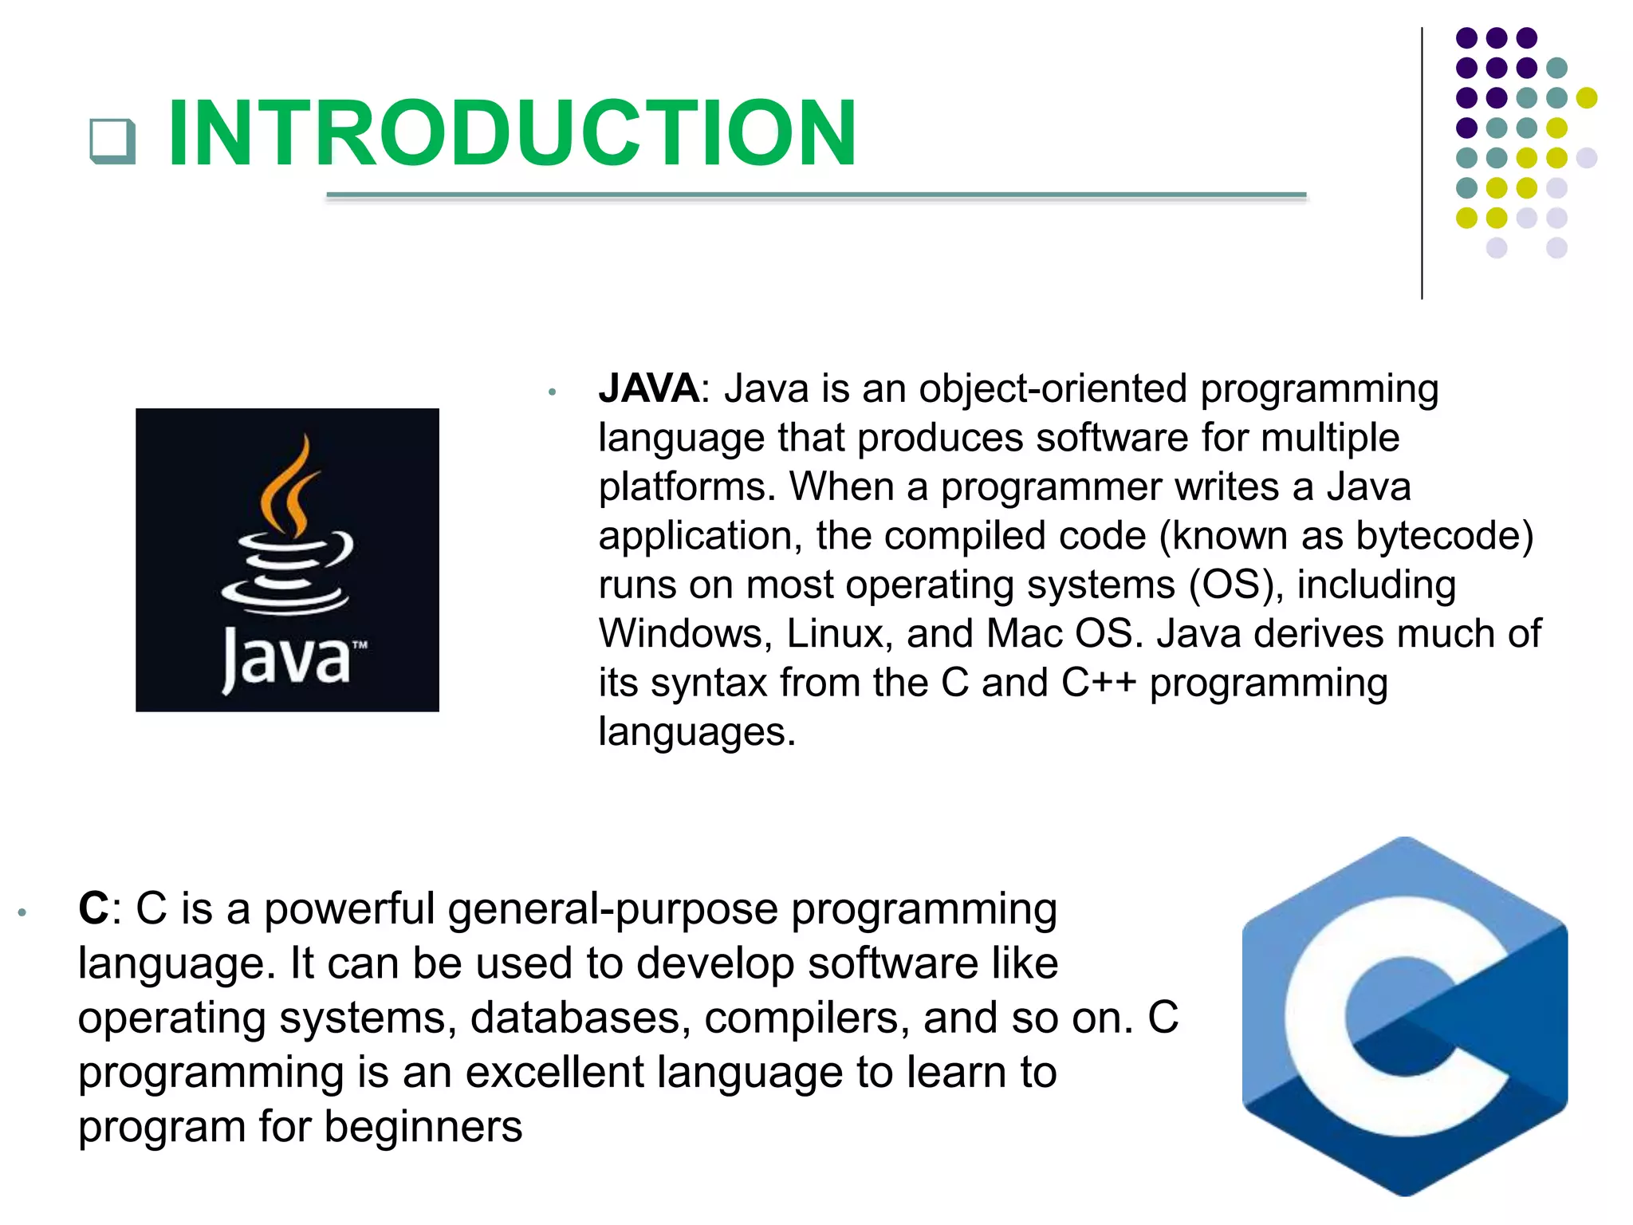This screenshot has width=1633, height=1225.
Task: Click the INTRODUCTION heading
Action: tap(512, 133)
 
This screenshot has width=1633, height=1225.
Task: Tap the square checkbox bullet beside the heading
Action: tap(112, 141)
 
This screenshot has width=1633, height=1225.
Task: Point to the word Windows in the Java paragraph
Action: tap(685, 634)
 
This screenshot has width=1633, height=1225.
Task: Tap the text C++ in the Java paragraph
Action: tap(1098, 683)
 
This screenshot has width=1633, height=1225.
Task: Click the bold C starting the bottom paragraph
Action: tap(93, 908)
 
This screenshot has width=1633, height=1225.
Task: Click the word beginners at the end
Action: tap(423, 1128)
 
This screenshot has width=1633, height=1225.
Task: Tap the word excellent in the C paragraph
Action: tap(554, 1073)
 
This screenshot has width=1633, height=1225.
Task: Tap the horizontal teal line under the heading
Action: tap(816, 195)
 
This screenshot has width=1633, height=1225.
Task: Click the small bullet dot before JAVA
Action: tap(552, 392)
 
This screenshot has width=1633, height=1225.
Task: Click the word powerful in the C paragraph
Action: tap(348, 909)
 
